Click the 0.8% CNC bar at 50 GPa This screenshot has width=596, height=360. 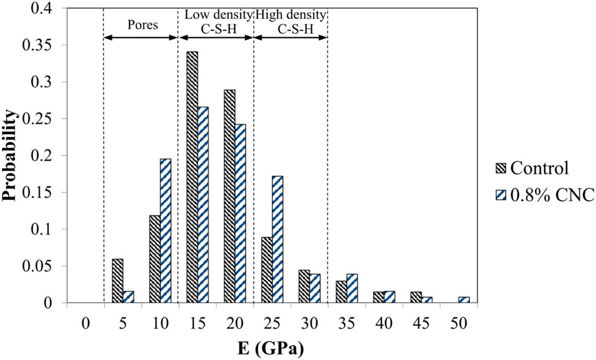coord(465,300)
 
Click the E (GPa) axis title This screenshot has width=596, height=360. coord(271,350)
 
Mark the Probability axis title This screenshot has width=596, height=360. coord(11,156)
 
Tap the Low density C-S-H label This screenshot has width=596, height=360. coord(215,20)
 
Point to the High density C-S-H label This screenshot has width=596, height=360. coord(290,20)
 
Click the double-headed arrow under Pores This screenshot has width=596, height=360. coord(141,38)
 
